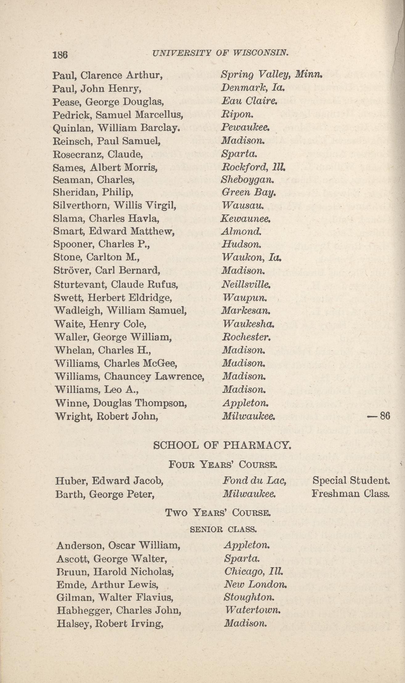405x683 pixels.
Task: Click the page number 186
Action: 60,55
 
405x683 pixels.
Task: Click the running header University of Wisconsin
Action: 220,53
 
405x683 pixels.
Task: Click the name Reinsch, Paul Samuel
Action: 107,141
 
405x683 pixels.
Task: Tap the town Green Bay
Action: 248,193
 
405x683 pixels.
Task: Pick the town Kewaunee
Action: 246,219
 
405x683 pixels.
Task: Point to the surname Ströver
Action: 72,271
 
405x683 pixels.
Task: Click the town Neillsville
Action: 246,284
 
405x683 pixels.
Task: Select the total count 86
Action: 385,416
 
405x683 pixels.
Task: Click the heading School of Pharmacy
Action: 222,445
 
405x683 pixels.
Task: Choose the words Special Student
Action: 351,480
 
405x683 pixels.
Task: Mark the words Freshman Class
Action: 350,494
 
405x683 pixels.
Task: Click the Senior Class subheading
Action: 223,530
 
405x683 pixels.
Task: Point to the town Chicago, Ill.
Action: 253,572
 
